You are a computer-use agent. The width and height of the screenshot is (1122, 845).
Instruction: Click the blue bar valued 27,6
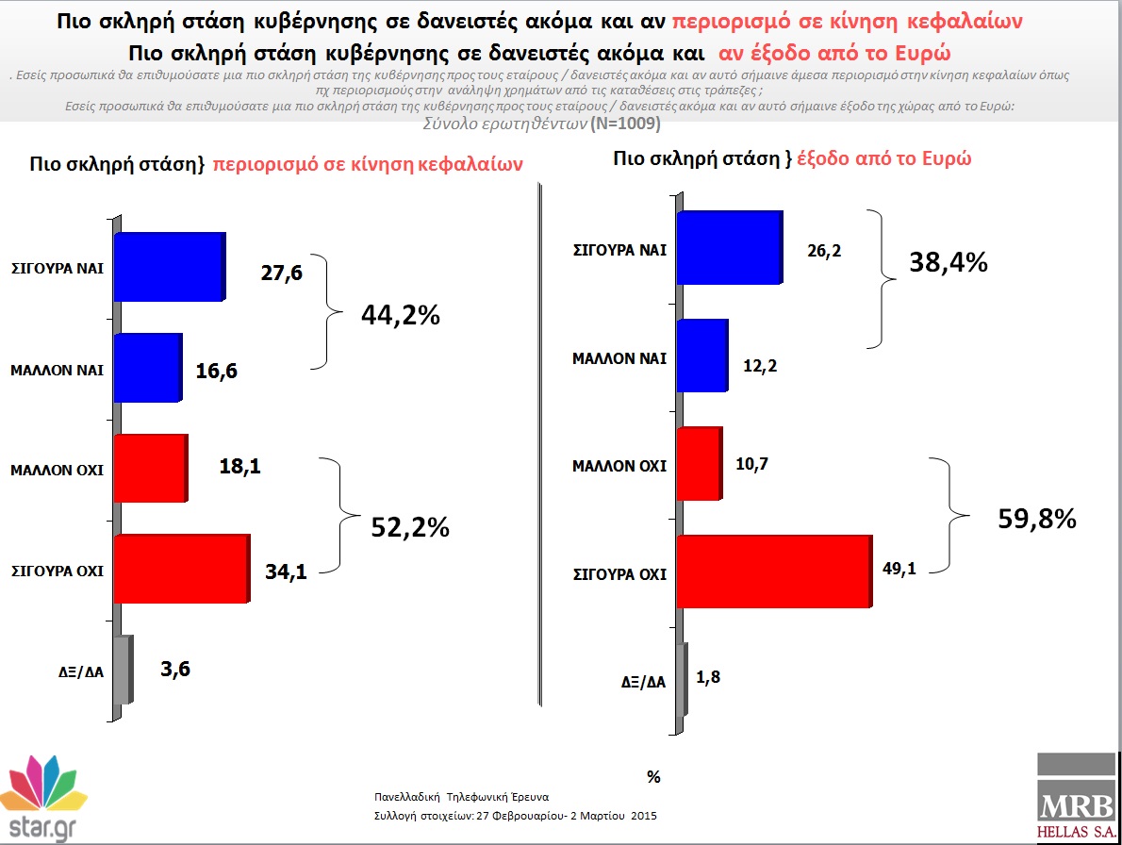pyautogui.click(x=171, y=266)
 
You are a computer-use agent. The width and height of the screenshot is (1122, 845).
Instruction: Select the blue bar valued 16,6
pyautogui.click(x=148, y=367)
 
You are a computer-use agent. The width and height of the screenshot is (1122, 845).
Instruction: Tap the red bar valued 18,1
pyautogui.click(x=151, y=468)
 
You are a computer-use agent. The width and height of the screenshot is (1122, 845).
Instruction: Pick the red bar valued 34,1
pyautogui.click(x=183, y=569)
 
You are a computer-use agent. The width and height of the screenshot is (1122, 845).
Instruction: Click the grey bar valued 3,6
pyautogui.click(x=124, y=670)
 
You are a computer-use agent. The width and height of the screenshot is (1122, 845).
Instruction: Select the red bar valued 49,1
pyautogui.click(x=775, y=572)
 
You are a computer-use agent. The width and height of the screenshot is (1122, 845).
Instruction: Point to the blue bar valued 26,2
pyautogui.click(x=730, y=248)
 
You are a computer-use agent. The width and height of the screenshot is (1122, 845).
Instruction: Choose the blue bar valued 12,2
pyautogui.click(x=702, y=356)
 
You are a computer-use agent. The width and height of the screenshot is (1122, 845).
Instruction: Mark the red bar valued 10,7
pyautogui.click(x=700, y=464)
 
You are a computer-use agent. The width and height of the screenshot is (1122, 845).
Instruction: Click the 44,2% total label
pyautogui.click(x=401, y=315)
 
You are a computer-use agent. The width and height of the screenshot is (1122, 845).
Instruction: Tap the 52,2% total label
pyautogui.click(x=410, y=527)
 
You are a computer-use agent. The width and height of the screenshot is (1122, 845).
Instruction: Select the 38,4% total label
pyautogui.click(x=949, y=262)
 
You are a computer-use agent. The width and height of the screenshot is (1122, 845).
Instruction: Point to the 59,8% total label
pyautogui.click(x=1037, y=519)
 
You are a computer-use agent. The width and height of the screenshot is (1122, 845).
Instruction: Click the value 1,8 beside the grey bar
pyautogui.click(x=708, y=677)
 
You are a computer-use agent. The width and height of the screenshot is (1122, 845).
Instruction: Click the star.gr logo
pyautogui.click(x=43, y=798)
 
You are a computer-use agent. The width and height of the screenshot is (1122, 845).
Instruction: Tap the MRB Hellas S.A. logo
pyautogui.click(x=1077, y=796)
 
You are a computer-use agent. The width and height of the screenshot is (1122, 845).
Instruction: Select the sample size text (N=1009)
pyautogui.click(x=625, y=124)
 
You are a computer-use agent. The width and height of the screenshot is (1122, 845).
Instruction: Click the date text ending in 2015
pyautogui.click(x=515, y=816)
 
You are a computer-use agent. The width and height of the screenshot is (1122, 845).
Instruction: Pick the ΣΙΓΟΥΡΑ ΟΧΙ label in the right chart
pyautogui.click(x=619, y=574)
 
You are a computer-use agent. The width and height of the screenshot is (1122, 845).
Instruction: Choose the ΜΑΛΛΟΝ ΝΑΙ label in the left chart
pyautogui.click(x=58, y=371)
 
